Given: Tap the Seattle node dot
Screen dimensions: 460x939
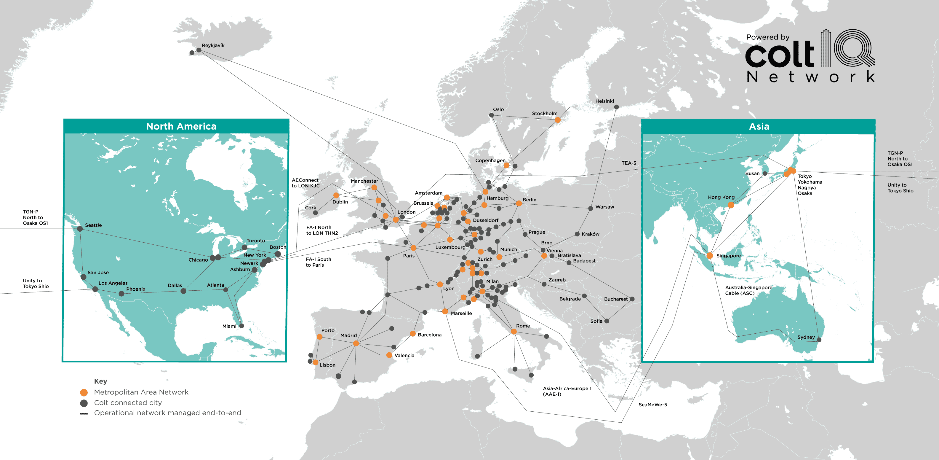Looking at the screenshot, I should [x=80, y=229].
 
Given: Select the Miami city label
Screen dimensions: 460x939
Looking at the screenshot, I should [x=229, y=326].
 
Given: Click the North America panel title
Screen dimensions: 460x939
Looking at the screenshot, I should [x=181, y=126].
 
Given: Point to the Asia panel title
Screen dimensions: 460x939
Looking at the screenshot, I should [x=759, y=126].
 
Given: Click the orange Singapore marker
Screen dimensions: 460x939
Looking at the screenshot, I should [x=710, y=256].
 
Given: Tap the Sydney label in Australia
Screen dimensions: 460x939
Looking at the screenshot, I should [x=806, y=337].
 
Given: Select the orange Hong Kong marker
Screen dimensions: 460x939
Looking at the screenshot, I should [x=730, y=205].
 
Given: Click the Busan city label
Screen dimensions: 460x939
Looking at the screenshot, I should [x=752, y=173].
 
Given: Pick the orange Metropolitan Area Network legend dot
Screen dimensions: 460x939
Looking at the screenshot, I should [x=84, y=392].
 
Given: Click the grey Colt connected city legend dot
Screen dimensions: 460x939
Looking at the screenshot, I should [x=84, y=403].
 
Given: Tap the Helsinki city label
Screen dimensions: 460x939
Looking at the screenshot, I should [x=604, y=101].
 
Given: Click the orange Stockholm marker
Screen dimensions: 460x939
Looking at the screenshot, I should [x=557, y=120].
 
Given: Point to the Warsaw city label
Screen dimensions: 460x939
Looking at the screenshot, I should [x=604, y=207].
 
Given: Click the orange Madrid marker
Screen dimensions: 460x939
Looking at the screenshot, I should [x=356, y=343].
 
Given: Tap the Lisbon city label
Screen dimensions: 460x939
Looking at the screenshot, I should [x=327, y=365].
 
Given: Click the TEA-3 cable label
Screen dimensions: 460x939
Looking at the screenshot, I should [x=629, y=163].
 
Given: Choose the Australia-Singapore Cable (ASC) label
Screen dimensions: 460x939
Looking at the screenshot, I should [x=748, y=290].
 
